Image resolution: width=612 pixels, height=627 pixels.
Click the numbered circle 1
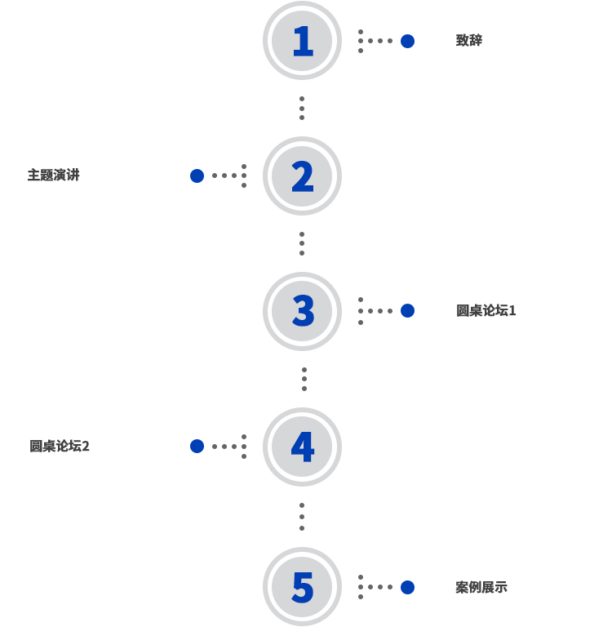click(x=302, y=41)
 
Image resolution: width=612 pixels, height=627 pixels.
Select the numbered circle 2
click(x=302, y=176)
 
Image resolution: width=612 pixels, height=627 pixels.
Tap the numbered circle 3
click(x=302, y=311)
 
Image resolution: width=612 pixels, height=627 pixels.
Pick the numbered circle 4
click(x=302, y=447)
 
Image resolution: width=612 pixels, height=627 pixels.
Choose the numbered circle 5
click(x=302, y=586)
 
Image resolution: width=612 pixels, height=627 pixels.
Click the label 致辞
click(x=469, y=41)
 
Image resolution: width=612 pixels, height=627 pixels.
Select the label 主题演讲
click(x=54, y=176)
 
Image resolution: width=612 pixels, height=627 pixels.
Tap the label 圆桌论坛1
click(x=486, y=311)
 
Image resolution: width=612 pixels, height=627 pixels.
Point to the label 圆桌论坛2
click(x=60, y=447)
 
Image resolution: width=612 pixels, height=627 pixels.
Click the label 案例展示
click(x=481, y=587)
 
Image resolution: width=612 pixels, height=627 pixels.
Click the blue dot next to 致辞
click(x=407, y=41)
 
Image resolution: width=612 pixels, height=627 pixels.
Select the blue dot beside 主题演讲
click(x=197, y=176)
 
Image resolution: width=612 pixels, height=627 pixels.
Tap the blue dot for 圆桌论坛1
click(x=407, y=311)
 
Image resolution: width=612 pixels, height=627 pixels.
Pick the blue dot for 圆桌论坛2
click(x=197, y=447)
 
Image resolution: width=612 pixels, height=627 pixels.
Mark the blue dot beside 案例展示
click(x=407, y=587)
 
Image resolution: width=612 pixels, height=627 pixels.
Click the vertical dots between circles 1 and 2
click(x=302, y=108)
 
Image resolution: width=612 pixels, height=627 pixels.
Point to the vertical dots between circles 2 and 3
click(x=302, y=243)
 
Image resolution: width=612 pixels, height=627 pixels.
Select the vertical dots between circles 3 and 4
click(x=304, y=379)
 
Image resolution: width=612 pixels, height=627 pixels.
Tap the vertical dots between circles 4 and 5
click(x=302, y=516)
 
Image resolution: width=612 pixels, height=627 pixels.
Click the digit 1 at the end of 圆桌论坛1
click(x=512, y=311)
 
